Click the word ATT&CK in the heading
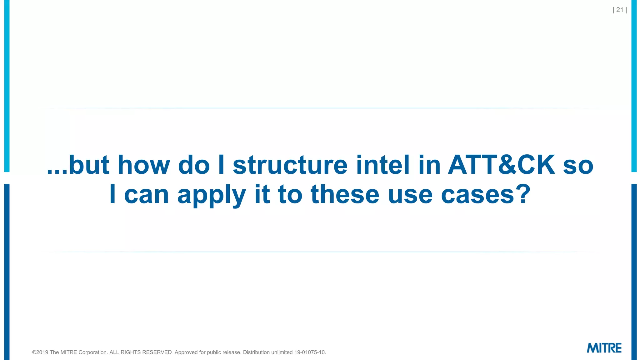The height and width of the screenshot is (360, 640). (501, 165)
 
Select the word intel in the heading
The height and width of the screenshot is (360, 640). (383, 165)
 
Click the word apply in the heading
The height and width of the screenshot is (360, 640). (212, 195)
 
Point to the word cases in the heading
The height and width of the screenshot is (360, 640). (477, 194)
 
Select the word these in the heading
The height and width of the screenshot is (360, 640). (345, 194)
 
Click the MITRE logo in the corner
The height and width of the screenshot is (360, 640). (604, 348)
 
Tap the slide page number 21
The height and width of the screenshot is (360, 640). (620, 10)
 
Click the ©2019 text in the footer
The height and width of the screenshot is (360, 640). (40, 352)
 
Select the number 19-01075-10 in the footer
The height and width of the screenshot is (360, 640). (310, 352)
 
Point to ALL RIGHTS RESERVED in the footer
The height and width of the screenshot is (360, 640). (140, 352)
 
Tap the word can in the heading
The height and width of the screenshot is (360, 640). (147, 195)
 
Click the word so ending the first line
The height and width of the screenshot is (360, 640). (578, 166)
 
